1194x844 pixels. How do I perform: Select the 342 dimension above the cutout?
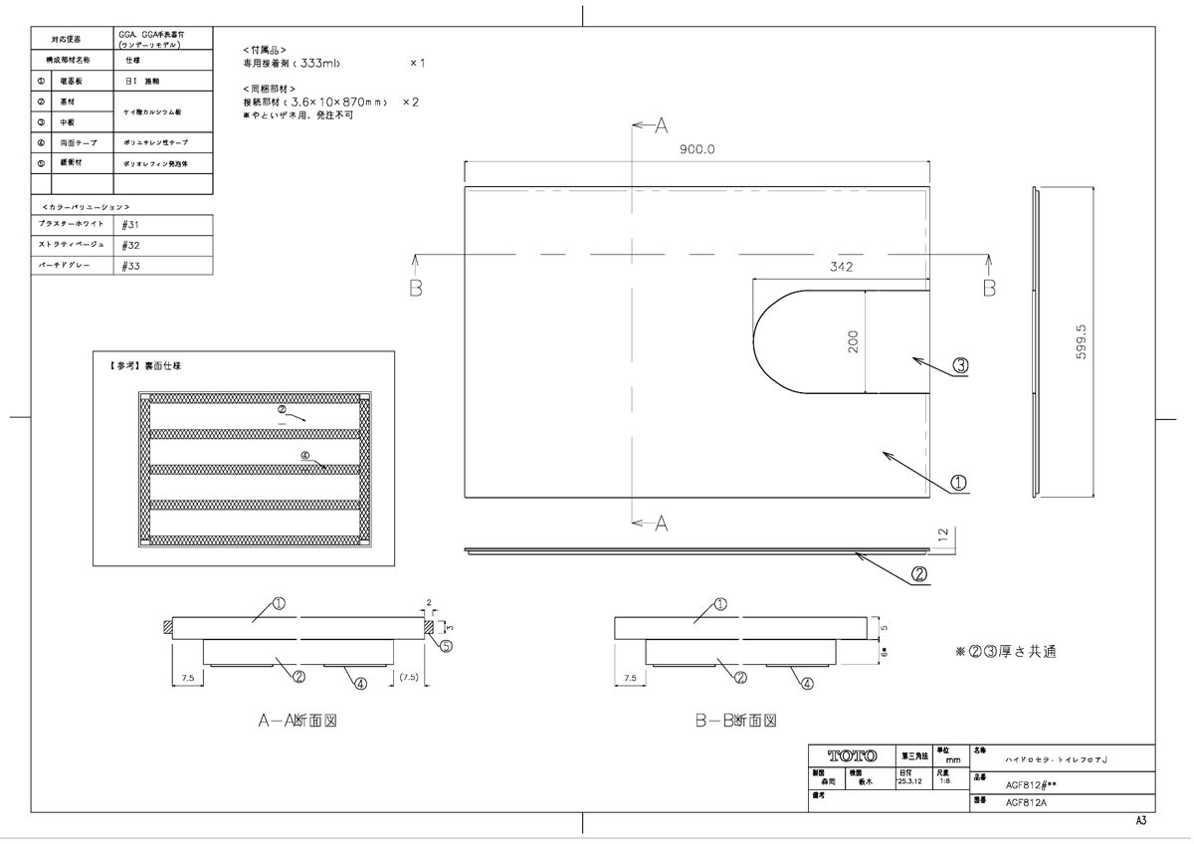tap(842, 267)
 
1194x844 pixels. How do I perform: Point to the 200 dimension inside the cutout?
tap(852, 341)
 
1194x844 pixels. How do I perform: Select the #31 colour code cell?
tap(130, 225)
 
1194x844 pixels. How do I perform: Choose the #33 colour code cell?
tap(130, 266)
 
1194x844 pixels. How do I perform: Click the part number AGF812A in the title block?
tap(1025, 800)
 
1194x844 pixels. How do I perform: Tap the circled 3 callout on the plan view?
tap(960, 365)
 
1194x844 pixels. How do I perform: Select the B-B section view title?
tap(735, 721)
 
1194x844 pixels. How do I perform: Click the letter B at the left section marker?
tap(416, 288)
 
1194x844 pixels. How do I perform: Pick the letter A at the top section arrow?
tap(661, 124)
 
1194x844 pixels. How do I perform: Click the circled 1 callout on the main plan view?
tap(960, 483)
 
